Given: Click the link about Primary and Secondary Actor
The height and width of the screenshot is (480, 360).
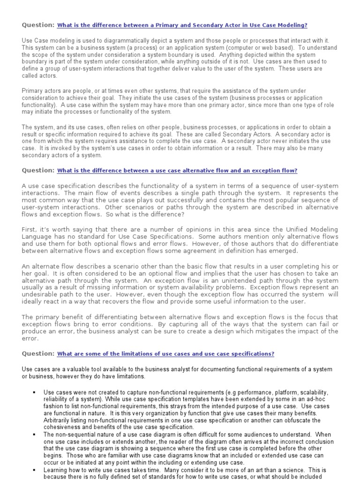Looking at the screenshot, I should pos(182,25).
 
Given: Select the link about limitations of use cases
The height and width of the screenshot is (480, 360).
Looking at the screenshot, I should pos(165,353).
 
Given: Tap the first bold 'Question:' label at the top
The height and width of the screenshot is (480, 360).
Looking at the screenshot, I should pos(38,25).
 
